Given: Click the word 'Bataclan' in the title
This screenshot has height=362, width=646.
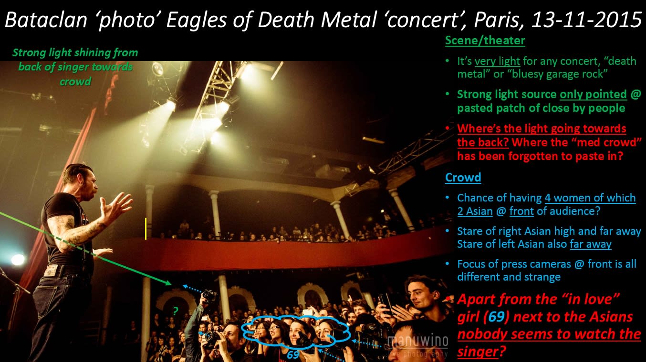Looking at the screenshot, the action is [46, 20].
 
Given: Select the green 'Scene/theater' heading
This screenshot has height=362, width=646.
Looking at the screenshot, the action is [485, 40].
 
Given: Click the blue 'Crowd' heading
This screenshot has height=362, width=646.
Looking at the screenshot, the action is [463, 177].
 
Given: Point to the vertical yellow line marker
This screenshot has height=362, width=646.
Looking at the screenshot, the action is [146, 229].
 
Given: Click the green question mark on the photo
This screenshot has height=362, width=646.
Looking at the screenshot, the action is [176, 311].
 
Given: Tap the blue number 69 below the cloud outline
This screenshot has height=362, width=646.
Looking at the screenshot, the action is [293, 355].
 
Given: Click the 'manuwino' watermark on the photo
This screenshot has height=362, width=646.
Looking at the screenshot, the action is [418, 341].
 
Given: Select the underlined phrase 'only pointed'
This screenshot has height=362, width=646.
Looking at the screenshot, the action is [593, 94].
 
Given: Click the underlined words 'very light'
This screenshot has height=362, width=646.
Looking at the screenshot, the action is [497, 61].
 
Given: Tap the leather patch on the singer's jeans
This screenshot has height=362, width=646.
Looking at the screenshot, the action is [52, 271].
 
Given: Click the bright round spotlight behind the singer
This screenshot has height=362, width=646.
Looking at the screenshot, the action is [18, 260].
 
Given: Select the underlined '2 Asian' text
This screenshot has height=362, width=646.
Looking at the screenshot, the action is [475, 211].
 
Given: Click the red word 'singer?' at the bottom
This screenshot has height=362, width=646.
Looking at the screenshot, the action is [481, 352].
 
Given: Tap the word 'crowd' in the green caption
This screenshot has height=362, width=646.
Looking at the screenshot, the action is [75, 82].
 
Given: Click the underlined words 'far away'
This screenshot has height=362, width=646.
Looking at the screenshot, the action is [590, 244].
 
